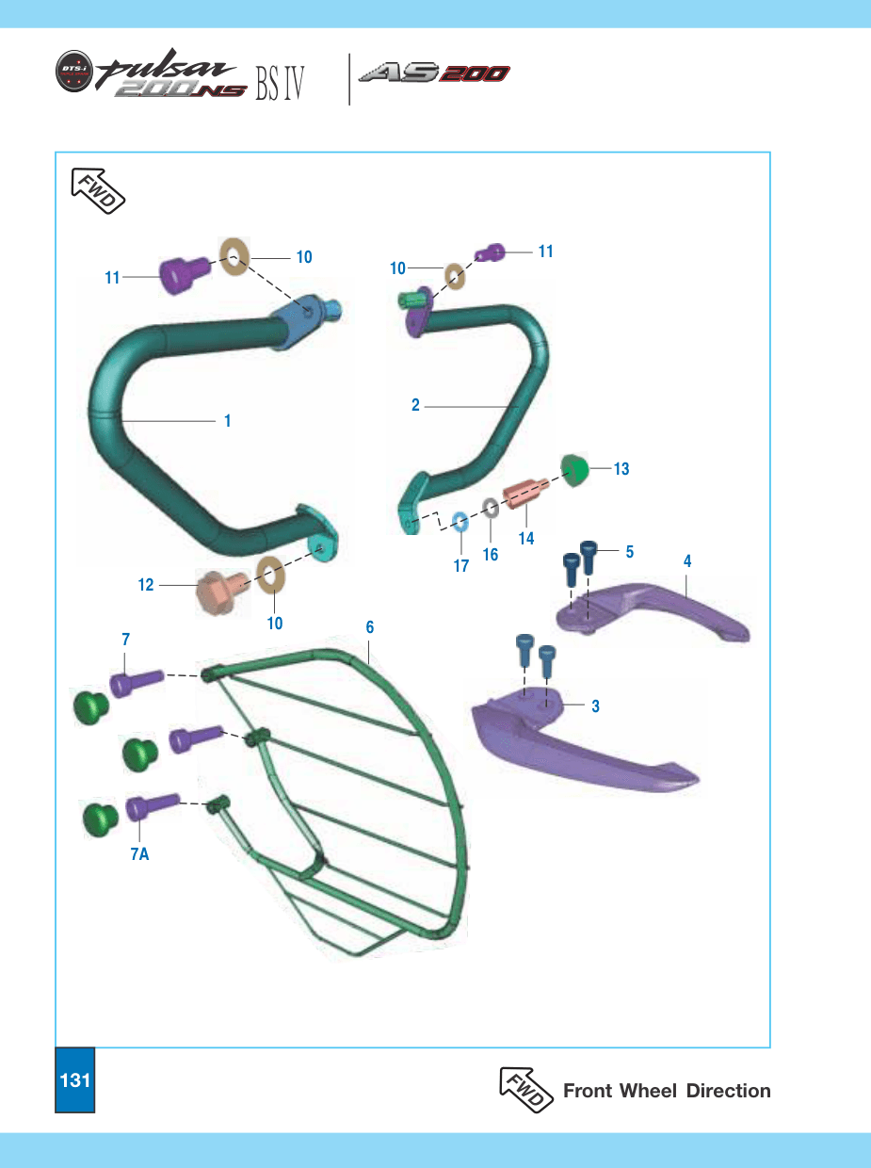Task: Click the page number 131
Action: pyautogui.click(x=75, y=1079)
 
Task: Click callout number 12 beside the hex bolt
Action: pyautogui.click(x=146, y=585)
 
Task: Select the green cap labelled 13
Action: pyautogui.click(x=574, y=470)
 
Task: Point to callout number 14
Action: pyautogui.click(x=526, y=539)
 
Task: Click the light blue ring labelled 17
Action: pyautogui.click(x=460, y=522)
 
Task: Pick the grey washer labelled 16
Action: pyautogui.click(x=491, y=508)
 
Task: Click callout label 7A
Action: pyautogui.click(x=140, y=854)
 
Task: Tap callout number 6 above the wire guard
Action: pyautogui.click(x=369, y=627)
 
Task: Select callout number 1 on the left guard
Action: pyautogui.click(x=228, y=421)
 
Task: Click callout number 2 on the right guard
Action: pyautogui.click(x=415, y=405)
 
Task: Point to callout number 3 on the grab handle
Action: pyautogui.click(x=595, y=706)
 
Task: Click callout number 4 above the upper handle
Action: pyautogui.click(x=687, y=560)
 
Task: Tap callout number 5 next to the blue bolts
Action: pyautogui.click(x=630, y=552)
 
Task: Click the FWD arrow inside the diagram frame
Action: pyautogui.click(x=98, y=190)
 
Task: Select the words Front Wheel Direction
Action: pyautogui.click(x=667, y=1091)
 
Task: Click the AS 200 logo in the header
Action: pyautogui.click(x=434, y=73)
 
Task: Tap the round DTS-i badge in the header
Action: pyautogui.click(x=73, y=71)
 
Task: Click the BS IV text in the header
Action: pyautogui.click(x=280, y=84)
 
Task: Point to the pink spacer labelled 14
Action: pyautogui.click(x=525, y=494)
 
